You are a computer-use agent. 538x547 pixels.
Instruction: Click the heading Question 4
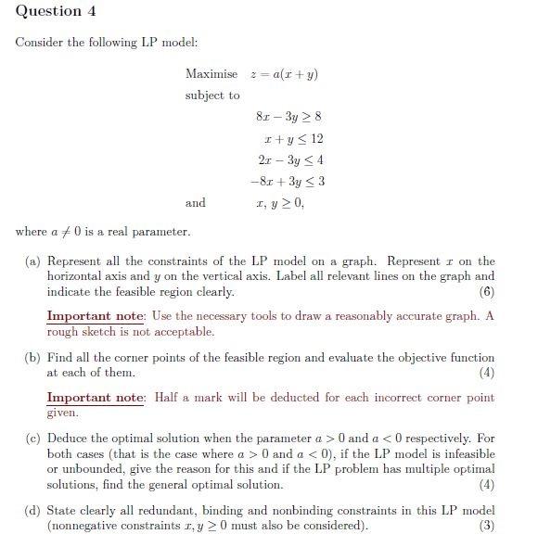coord(56,12)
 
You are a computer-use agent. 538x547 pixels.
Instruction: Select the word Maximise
coord(211,74)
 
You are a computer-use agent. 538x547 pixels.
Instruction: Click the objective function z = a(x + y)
coord(290,74)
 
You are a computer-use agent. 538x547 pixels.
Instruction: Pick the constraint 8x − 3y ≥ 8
coord(288,117)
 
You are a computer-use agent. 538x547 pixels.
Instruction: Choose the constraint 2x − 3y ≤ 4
coord(288,159)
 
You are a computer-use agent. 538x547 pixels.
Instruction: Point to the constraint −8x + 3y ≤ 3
coord(287,181)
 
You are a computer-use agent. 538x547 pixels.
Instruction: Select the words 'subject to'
coord(212,95)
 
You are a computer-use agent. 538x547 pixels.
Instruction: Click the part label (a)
coord(33,261)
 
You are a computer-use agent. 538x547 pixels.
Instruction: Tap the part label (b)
coord(33,358)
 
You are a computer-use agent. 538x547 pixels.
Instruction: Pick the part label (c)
coord(33,439)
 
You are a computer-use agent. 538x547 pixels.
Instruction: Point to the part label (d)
coord(33,511)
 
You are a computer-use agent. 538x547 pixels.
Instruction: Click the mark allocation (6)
coord(486,292)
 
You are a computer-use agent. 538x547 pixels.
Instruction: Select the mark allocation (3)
coord(486,527)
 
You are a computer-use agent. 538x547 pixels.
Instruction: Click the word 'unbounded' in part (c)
coord(92,470)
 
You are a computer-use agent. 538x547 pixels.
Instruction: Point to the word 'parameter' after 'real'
coord(162,232)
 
